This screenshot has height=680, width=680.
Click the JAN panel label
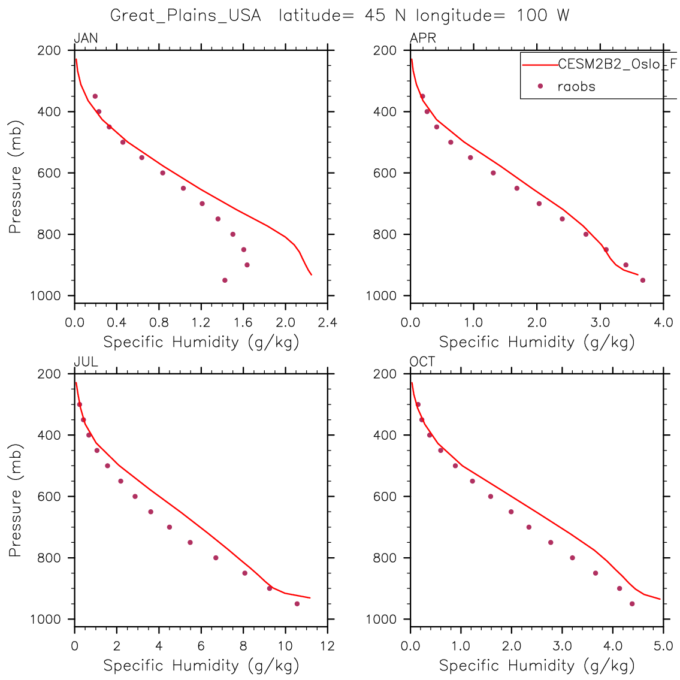click(86, 39)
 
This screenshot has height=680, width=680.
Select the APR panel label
click(422, 39)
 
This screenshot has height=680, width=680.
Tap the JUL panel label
click(86, 362)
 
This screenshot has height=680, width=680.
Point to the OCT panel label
click(422, 362)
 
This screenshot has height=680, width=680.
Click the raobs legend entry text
click(576, 86)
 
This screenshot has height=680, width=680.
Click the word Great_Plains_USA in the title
click(186, 16)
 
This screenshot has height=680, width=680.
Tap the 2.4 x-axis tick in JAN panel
click(328, 323)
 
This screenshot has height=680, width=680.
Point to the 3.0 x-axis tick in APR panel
click(600, 323)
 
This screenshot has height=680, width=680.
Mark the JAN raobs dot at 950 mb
click(225, 280)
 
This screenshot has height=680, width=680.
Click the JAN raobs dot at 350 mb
click(95, 96)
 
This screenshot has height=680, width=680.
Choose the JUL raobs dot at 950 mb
click(297, 603)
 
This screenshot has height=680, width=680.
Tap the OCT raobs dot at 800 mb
click(572, 558)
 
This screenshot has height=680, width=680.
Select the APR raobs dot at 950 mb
click(643, 280)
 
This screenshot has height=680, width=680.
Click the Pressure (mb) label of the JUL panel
click(16, 500)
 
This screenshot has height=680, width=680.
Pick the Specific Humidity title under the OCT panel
click(537, 665)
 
